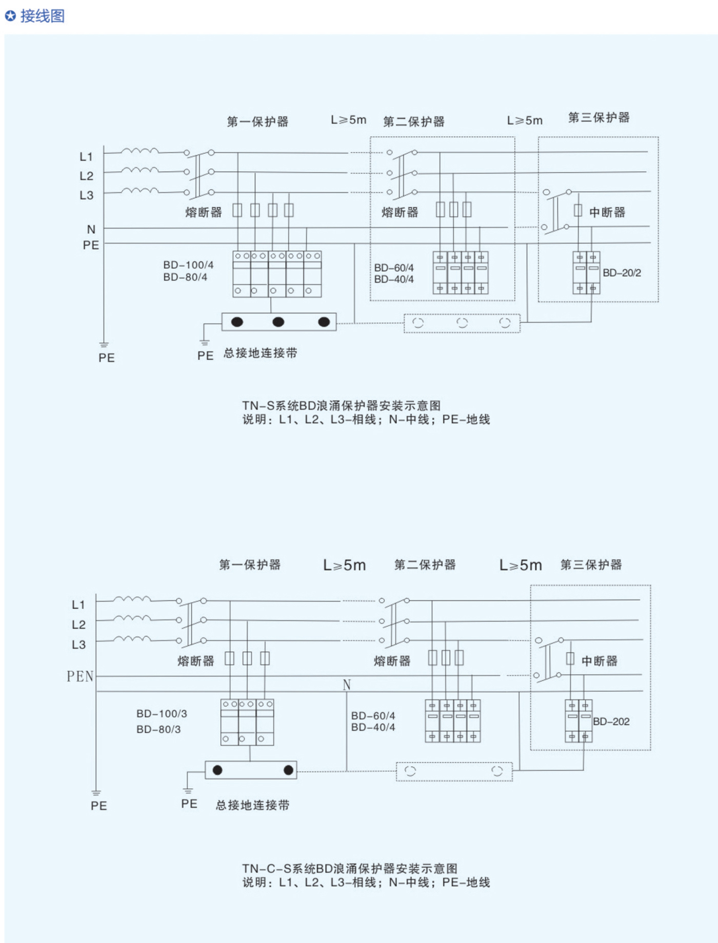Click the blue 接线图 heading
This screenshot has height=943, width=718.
tap(42, 16)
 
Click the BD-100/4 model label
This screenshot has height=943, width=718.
tap(188, 265)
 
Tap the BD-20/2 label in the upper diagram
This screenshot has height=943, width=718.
tap(622, 273)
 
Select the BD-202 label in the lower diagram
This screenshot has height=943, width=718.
tap(611, 721)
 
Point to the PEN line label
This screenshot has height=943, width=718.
tap(80, 676)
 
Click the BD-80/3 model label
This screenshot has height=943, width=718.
tap(158, 729)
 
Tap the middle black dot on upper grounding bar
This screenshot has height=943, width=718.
tap(278, 322)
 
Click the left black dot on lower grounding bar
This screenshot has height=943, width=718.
tap(217, 770)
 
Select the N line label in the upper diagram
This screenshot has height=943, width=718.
tap(91, 229)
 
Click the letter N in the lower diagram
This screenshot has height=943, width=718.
tap(347, 685)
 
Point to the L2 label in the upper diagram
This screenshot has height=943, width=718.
tap(86, 176)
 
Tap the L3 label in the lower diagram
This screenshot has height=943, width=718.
tap(78, 645)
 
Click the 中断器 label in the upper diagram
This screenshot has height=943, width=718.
tap(607, 212)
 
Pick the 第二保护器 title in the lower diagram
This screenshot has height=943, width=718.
tap(425, 565)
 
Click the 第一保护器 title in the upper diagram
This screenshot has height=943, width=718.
tap(257, 122)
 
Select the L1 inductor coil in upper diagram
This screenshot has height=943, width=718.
tap(139, 151)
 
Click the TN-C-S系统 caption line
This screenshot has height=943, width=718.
tap(350, 868)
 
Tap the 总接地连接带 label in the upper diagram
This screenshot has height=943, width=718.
tap(260, 353)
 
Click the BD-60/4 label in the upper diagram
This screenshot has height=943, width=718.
tap(394, 268)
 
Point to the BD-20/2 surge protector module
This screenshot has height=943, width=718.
tap(586, 272)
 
